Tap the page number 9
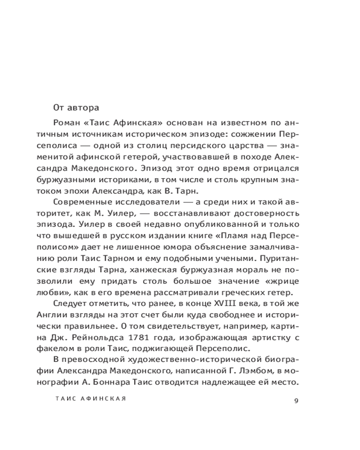[296, 401]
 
